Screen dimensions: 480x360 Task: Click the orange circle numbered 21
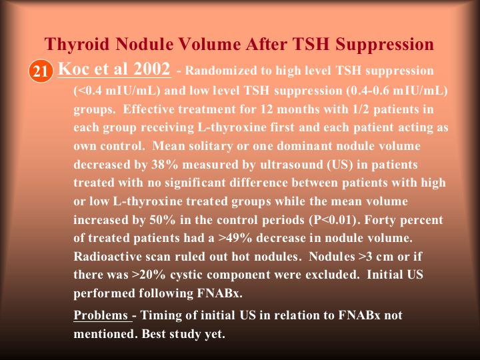coord(41,71)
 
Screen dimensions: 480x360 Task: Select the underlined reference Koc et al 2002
coord(114,69)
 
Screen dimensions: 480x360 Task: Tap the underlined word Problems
coord(101,315)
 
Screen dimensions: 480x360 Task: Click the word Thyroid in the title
coord(77,45)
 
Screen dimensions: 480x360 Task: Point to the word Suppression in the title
coord(385,45)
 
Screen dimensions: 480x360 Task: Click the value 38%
coord(165,165)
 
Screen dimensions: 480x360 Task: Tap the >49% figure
coord(235,238)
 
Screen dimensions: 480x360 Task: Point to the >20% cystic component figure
coord(149,275)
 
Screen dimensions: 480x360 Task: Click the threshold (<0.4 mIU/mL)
coord(117,91)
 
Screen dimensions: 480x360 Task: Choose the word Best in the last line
coord(154,334)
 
